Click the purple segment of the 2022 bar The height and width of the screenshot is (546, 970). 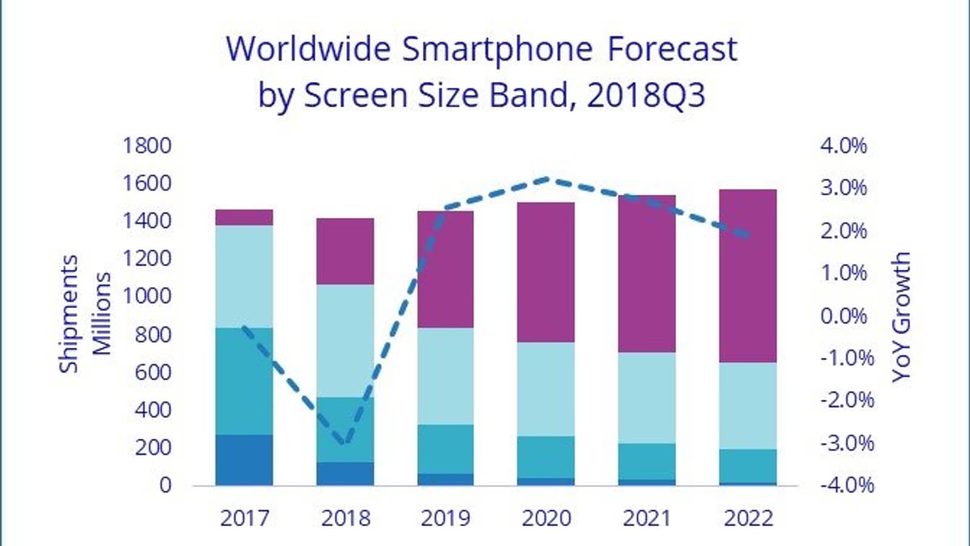tap(748, 276)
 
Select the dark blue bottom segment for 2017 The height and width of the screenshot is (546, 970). tap(244, 460)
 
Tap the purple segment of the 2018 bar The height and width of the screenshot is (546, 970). tap(345, 251)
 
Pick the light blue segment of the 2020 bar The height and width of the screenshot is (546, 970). tap(546, 389)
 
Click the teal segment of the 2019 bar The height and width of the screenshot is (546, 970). tap(446, 449)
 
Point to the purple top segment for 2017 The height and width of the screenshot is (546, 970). tap(244, 217)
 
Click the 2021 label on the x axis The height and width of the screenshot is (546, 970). tap(647, 518)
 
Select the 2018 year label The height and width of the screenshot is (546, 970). tap(345, 518)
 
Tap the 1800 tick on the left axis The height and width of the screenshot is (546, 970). tap(147, 146)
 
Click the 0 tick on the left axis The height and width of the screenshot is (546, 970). tap(165, 485)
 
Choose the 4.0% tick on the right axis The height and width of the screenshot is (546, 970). tap(843, 146)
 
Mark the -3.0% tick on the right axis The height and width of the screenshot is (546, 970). tap(846, 443)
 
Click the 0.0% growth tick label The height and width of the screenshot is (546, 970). tap(843, 315)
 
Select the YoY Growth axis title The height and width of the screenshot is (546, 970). tap(901, 316)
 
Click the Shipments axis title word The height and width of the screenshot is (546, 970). tap(69, 314)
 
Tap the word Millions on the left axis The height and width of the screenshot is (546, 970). tap(101, 314)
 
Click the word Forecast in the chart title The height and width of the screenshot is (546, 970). tap(672, 50)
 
